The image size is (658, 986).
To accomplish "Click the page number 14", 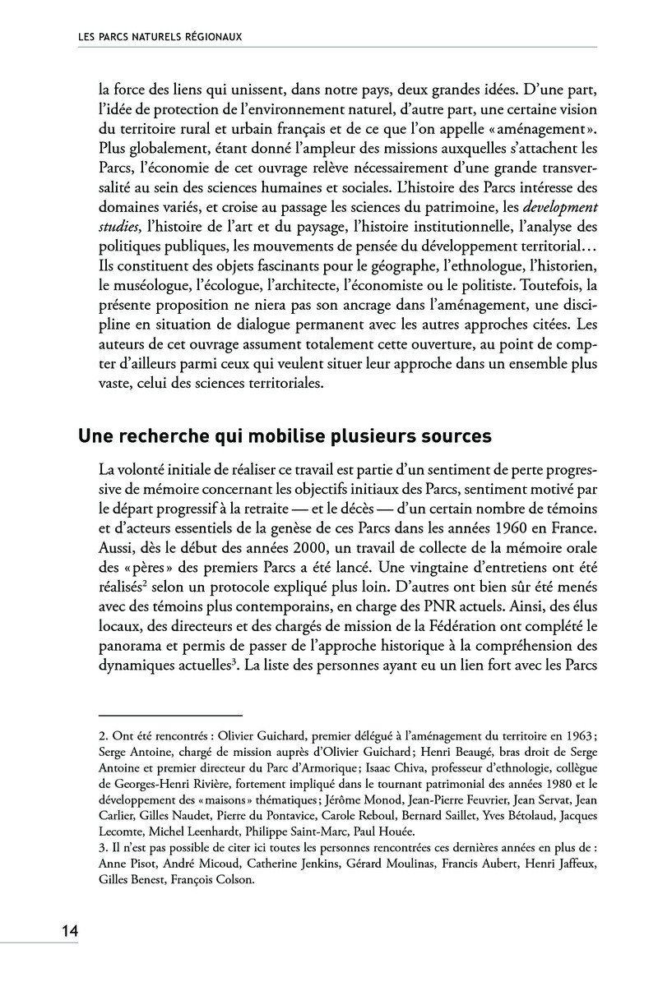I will click(69, 931).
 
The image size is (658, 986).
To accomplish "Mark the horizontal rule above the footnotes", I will click(170, 716).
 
